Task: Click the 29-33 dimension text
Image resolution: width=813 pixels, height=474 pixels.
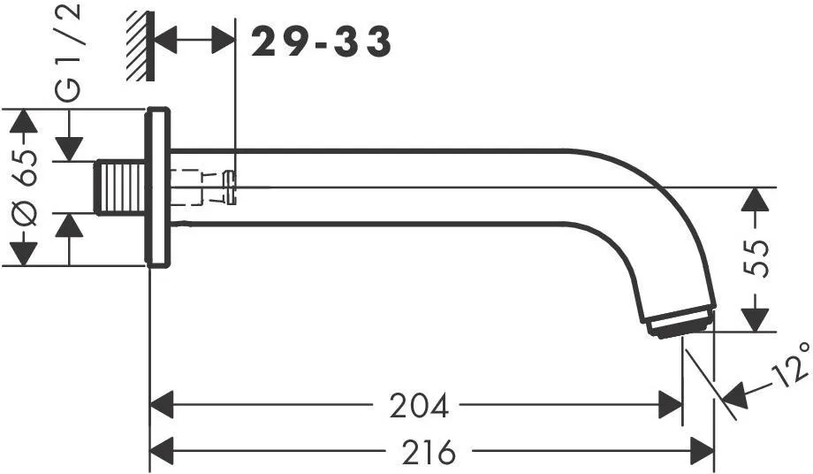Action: point(321,42)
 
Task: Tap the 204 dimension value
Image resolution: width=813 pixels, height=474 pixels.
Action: point(418,406)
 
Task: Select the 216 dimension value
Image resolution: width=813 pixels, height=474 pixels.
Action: point(429,452)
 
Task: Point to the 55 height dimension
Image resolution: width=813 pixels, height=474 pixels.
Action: point(755,259)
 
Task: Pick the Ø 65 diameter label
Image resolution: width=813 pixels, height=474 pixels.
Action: point(24,187)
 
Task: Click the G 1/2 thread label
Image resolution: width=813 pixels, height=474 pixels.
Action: point(68,52)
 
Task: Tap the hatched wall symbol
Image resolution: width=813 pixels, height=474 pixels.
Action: point(140,46)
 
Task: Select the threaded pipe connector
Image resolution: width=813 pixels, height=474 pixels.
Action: point(119,187)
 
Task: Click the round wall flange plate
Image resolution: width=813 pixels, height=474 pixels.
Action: point(158,187)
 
